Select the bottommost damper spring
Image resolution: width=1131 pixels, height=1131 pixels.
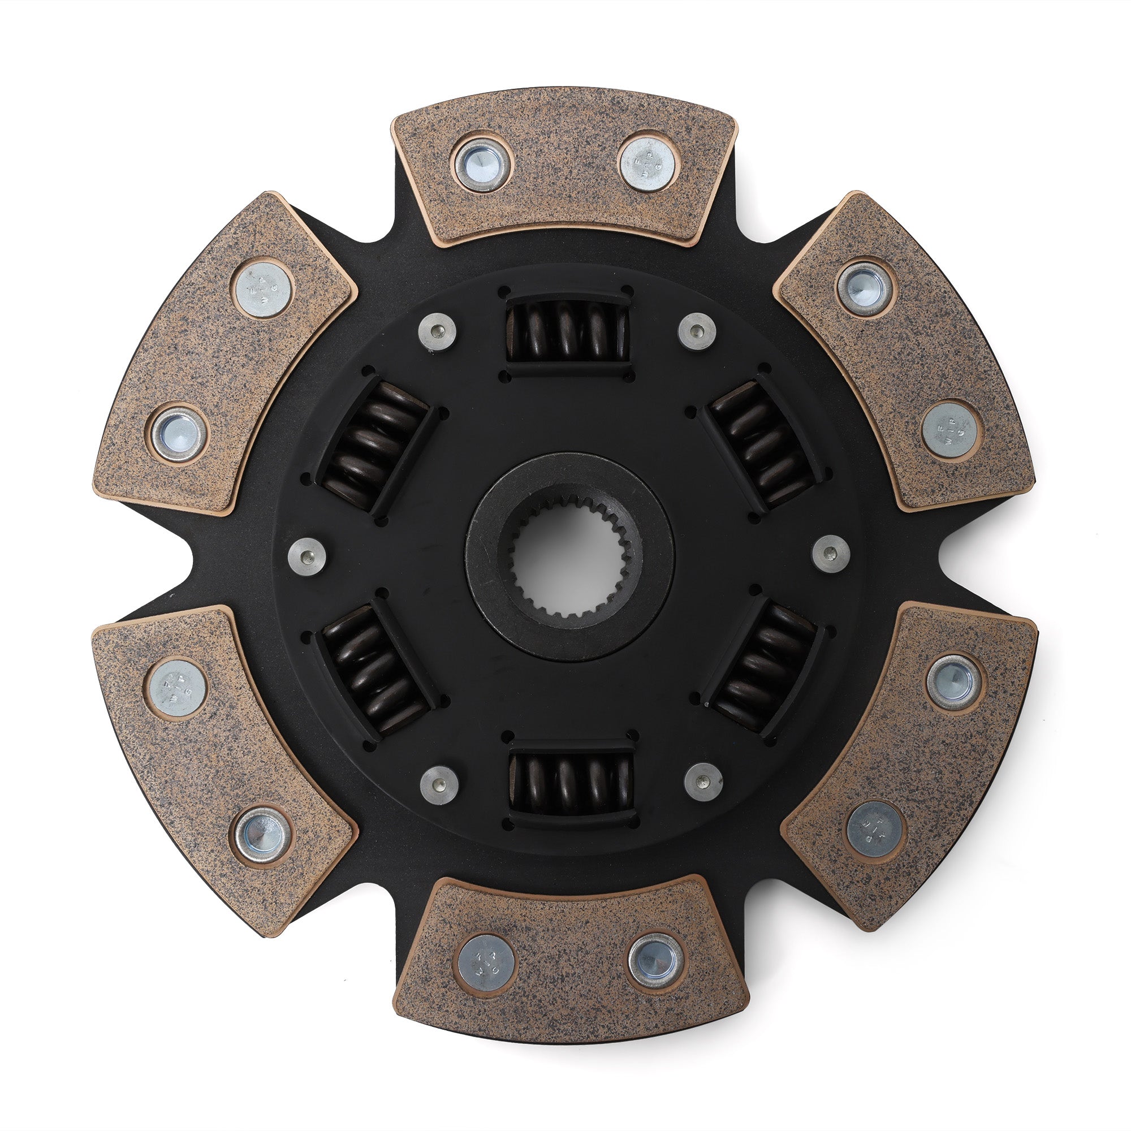point(571,782)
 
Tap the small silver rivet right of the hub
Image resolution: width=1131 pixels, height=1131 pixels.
point(831,553)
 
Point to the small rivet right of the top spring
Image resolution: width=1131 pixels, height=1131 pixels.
point(697,331)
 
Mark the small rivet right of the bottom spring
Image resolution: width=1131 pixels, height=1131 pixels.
point(703,782)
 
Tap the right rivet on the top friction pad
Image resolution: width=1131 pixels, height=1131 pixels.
point(649,164)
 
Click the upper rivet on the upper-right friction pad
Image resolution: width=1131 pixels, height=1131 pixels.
point(865,288)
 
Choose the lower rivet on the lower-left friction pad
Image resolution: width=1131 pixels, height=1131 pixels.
point(260,835)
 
